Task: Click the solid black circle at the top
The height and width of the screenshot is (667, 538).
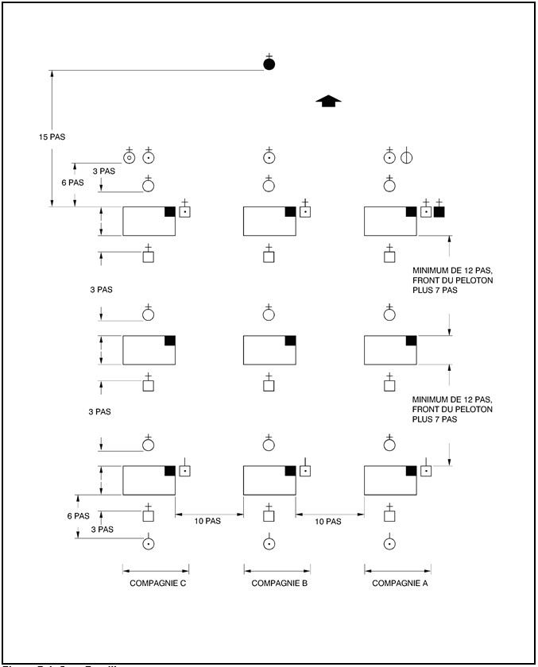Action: coord(269,64)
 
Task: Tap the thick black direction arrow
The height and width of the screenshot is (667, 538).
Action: coord(328,101)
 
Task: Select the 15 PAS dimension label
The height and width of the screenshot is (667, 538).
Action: coord(51,137)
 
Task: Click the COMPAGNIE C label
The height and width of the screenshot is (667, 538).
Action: coord(157,584)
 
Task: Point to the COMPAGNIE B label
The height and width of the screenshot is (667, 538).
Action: coord(277,584)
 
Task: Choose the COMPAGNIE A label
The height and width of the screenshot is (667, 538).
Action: coord(398,584)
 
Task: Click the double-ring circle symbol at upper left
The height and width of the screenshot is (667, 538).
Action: coord(130,157)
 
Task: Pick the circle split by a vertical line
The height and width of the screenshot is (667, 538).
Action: coord(407,157)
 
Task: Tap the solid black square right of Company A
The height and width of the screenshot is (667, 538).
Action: coord(439,212)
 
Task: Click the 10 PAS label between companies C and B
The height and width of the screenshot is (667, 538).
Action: coord(210,521)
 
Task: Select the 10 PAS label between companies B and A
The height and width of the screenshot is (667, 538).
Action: coord(328,521)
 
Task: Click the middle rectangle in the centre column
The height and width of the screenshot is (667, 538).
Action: coord(269,350)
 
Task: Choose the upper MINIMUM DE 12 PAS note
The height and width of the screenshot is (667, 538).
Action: coord(453,280)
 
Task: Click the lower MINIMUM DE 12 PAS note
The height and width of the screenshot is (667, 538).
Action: coord(453,408)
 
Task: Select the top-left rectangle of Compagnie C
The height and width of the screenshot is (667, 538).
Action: coord(149,222)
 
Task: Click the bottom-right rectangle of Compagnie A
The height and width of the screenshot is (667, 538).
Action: coord(390,480)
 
